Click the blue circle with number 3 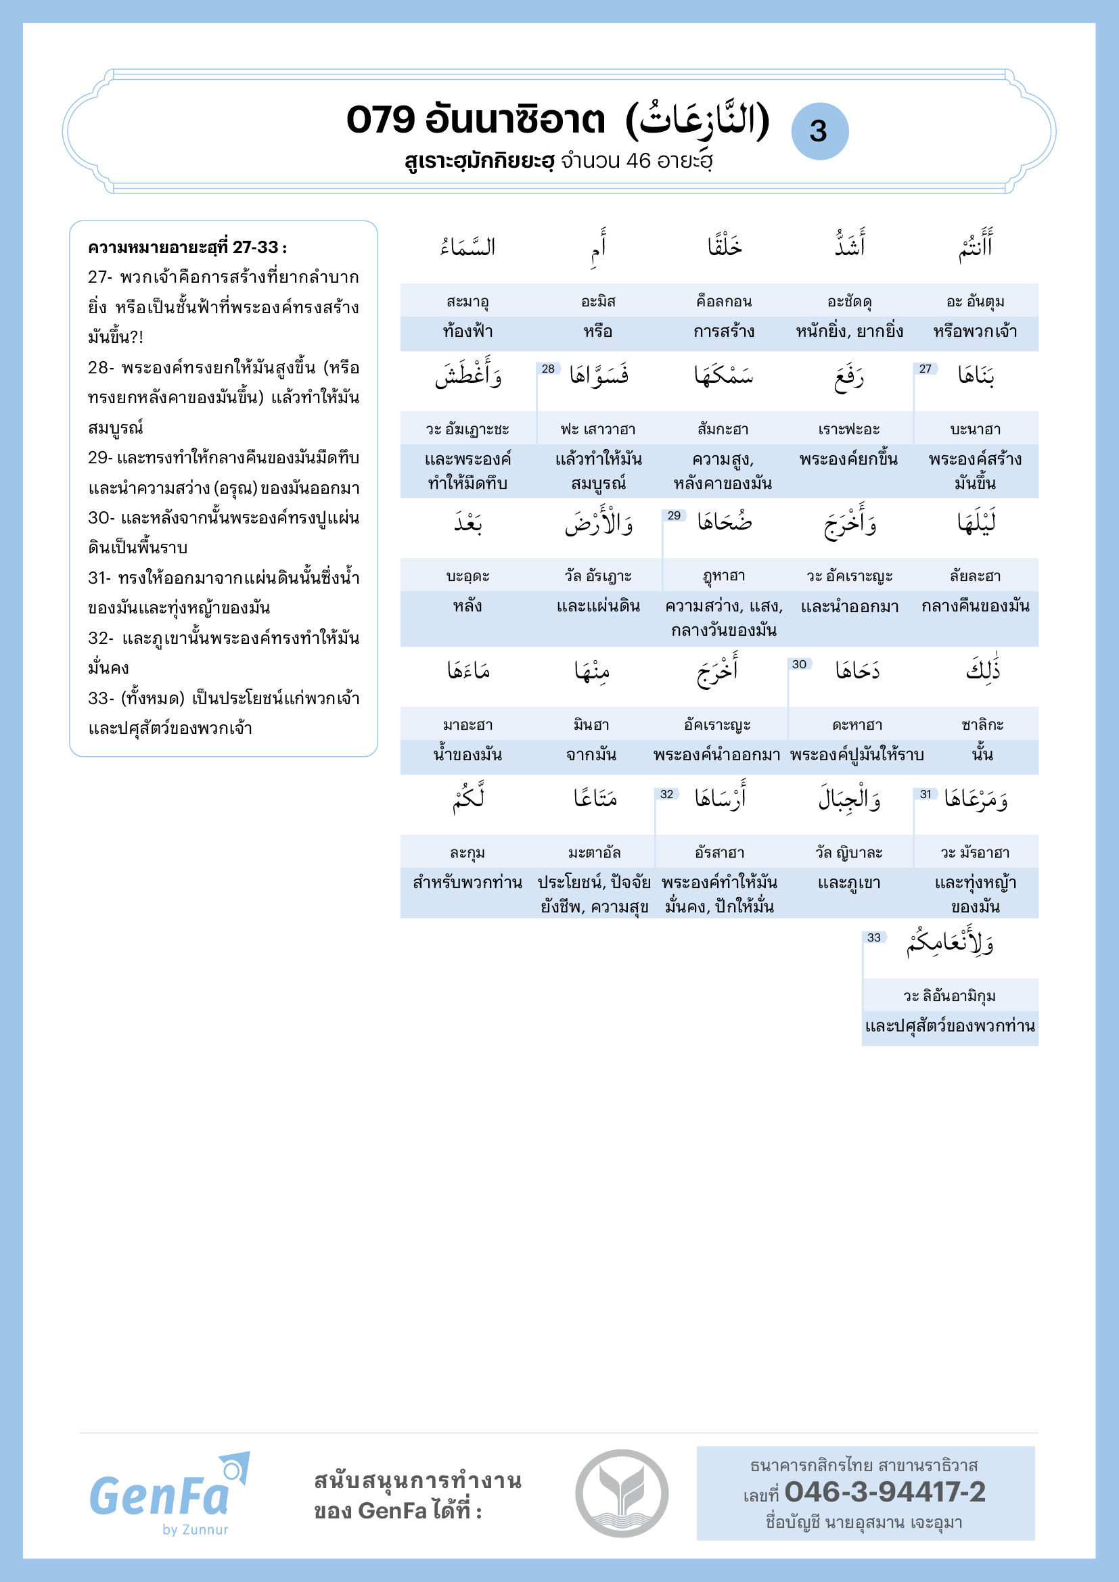pos(819,131)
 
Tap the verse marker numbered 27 pos(925,369)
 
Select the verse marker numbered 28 pos(548,369)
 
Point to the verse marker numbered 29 pos(674,515)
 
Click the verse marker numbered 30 pos(799,664)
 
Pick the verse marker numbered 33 pos(873,937)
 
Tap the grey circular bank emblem pos(622,1493)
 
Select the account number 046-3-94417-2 pos(885,1492)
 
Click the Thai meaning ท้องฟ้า pos(468,331)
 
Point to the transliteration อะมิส pos(598,301)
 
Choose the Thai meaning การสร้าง pos(723,331)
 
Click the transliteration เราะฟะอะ pos(849,429)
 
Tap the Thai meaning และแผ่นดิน pos(598,606)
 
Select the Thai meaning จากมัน pos(591,755)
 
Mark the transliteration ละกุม pos(468,853)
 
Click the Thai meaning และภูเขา pos(849,883)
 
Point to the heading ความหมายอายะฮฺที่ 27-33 pos(187,247)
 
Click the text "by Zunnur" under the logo pos(195,1530)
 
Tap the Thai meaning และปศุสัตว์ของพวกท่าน pos(949,1026)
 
